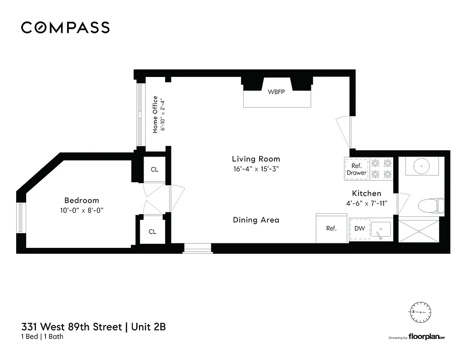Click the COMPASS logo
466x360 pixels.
coord(65,27)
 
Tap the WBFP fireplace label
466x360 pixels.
coord(277,92)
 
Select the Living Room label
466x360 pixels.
coord(255,159)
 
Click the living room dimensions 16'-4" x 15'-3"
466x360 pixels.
coord(255,169)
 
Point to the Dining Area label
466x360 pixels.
coord(255,220)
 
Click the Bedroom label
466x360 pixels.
coord(81,200)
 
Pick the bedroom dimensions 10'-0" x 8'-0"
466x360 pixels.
coord(81,210)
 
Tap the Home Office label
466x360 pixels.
coord(155,114)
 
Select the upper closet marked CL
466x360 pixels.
coord(154,170)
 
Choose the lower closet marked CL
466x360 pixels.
coord(152,231)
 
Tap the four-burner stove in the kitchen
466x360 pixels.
coord(381,169)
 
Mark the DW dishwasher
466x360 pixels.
coord(359,229)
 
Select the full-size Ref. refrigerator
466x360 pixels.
coord(332,228)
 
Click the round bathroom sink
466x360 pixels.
coord(421,166)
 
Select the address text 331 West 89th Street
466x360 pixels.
coord(72,327)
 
